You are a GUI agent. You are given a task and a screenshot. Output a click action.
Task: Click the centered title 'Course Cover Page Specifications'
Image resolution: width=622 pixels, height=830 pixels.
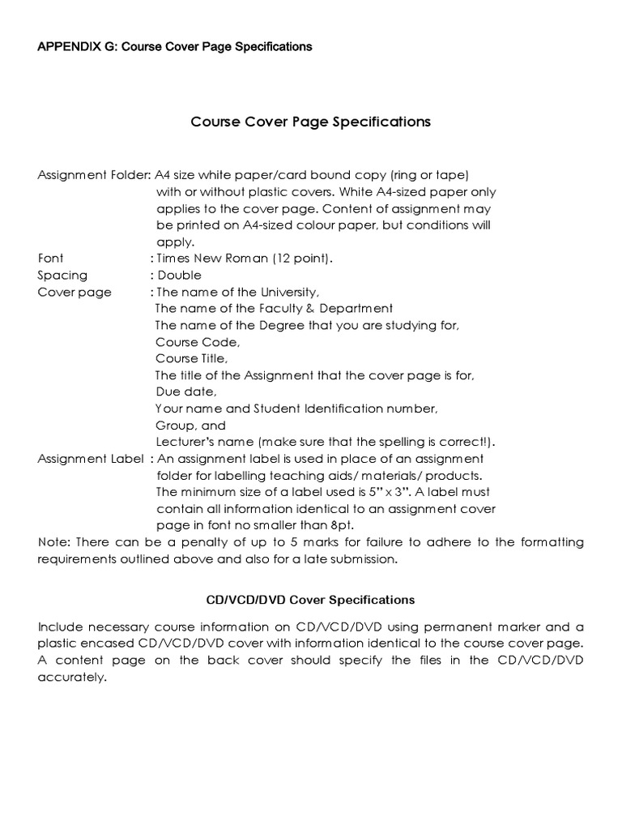click(x=310, y=122)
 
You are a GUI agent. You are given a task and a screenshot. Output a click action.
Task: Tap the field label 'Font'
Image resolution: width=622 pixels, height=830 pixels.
click(x=50, y=259)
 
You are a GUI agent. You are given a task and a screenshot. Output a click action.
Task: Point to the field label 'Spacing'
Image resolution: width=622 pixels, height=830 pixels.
click(x=62, y=276)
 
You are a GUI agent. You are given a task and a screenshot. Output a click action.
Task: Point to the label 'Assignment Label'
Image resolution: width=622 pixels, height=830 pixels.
click(x=91, y=459)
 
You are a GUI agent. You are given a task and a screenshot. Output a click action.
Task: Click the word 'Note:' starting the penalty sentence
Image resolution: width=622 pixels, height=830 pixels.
click(x=53, y=542)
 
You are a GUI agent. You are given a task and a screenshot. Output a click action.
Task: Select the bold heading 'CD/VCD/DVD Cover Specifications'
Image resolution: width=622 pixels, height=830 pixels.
click(x=310, y=601)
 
